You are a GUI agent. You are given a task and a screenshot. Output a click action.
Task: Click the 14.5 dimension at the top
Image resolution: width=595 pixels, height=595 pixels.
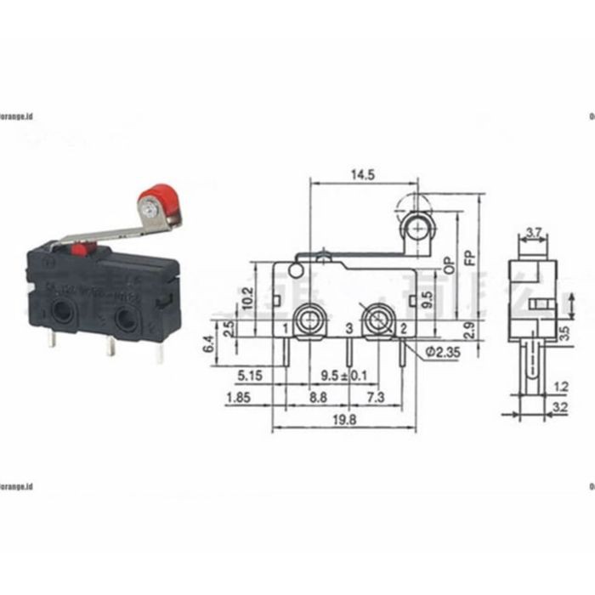[x=363, y=174]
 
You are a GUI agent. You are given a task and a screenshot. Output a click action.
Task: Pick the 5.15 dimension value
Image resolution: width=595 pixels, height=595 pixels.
[x=247, y=375]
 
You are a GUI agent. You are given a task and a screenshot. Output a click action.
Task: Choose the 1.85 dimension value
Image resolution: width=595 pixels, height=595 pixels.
[x=238, y=398]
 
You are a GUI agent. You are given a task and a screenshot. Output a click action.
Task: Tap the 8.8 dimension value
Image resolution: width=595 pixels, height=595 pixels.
[x=318, y=398]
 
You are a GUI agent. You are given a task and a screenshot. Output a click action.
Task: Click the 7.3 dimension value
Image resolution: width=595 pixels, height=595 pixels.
[x=374, y=398]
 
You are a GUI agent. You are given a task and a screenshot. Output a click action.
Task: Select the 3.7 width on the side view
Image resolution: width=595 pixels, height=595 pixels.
[x=535, y=232]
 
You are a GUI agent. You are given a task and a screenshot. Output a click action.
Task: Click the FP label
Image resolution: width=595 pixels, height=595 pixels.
[x=473, y=252]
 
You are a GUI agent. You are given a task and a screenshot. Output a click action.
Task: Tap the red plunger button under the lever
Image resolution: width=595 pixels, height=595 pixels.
[x=82, y=250]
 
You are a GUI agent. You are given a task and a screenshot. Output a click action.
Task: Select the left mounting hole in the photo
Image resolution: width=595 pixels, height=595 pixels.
[x=60, y=314]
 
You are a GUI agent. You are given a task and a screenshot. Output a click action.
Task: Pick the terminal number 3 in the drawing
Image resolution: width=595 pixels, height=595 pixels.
[x=348, y=328]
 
